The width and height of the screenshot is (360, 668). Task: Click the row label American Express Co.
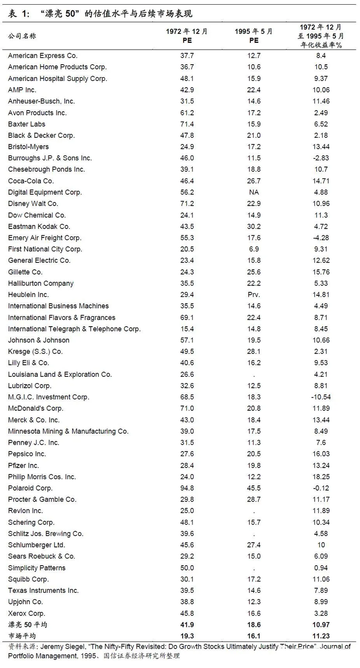[x=37, y=56]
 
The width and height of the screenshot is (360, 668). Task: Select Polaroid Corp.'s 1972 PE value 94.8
[x=187, y=488]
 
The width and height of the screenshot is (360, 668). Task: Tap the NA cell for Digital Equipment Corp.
[x=254, y=192]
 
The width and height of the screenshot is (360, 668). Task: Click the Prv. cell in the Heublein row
[x=254, y=295]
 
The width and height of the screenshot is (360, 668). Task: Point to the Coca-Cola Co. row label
[x=31, y=181]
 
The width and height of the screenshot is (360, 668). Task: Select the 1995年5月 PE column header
[x=254, y=35]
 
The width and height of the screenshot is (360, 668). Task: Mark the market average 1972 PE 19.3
[x=187, y=636]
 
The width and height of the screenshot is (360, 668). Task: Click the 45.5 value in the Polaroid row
[x=254, y=488]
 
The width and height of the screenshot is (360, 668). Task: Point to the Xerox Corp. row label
[x=27, y=614]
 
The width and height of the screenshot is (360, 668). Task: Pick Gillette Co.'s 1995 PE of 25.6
[x=254, y=272]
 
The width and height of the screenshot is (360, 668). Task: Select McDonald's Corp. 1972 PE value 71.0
[x=187, y=409]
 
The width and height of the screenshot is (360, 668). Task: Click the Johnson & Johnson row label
[x=39, y=340]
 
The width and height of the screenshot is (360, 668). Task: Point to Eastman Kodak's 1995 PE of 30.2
[x=254, y=226]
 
